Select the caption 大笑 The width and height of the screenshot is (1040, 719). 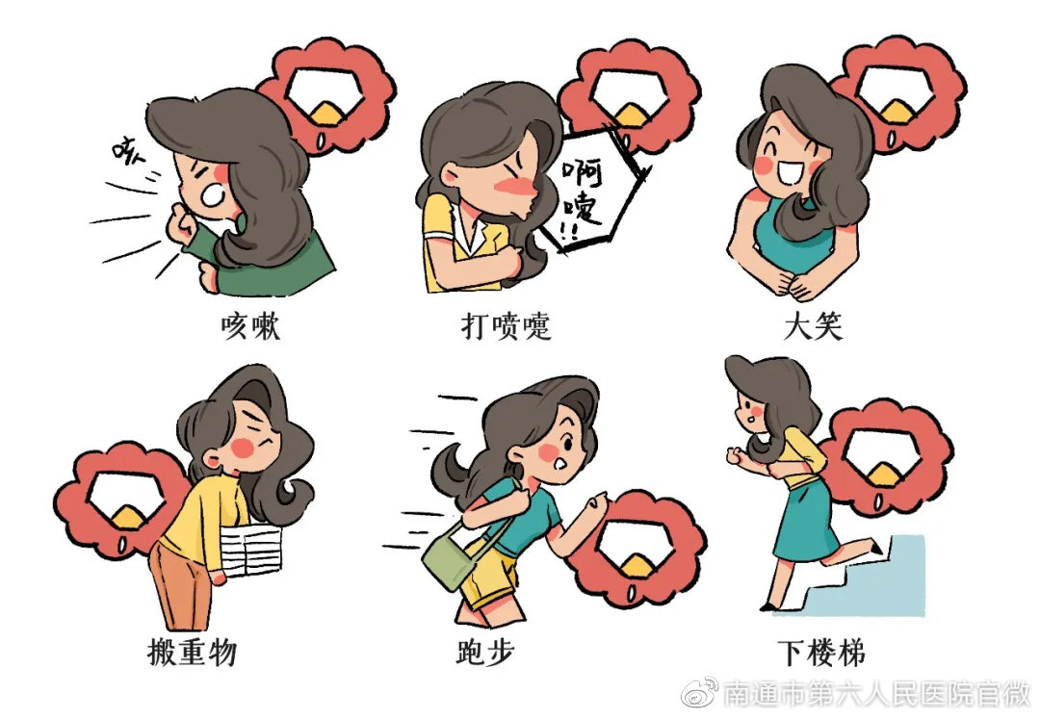[x=814, y=326]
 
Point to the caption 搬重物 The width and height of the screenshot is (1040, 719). [x=193, y=653]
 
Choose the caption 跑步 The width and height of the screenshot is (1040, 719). [x=485, y=653]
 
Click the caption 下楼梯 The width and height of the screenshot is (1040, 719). [x=821, y=653]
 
